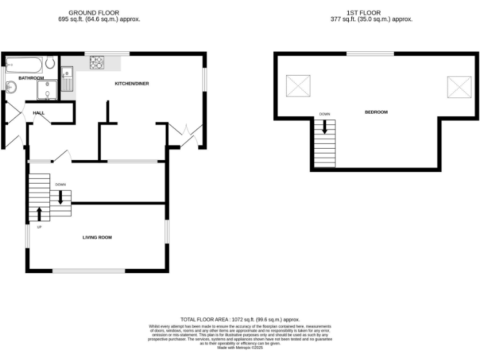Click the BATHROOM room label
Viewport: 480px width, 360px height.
point(31,78)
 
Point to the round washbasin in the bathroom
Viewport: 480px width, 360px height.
point(11,87)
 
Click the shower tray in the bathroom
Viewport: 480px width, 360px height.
point(46,91)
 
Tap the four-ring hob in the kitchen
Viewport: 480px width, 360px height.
point(97,62)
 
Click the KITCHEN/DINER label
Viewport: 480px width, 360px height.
point(131,84)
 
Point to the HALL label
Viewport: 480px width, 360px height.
point(39,113)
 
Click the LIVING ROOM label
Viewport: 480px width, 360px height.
point(97,237)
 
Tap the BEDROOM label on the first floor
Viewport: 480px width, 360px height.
point(376,112)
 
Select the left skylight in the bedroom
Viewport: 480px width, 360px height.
point(298,86)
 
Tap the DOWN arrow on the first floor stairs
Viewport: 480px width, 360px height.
point(324,126)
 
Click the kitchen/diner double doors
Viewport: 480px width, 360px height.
point(185,135)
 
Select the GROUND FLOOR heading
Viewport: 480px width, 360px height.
point(94,12)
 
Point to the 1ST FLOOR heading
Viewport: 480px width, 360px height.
point(364,12)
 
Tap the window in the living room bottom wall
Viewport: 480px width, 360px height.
point(88,271)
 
